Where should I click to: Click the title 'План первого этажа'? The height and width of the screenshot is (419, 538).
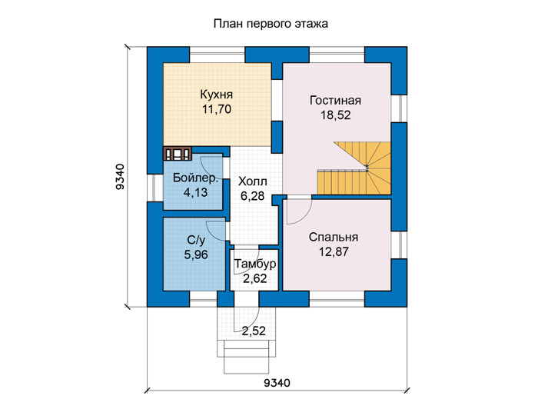click(271, 24)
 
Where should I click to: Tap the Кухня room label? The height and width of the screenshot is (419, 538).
click(217, 95)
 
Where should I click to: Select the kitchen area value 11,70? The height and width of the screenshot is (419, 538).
click(217, 109)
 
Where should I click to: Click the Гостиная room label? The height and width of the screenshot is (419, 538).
click(335, 100)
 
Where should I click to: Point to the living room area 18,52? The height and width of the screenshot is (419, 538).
click(336, 115)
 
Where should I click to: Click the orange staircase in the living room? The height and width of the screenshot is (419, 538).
click(354, 168)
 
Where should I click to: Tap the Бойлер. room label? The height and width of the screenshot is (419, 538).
click(195, 178)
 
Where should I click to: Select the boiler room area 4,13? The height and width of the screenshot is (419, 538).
click(195, 192)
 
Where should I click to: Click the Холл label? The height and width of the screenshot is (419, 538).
click(253, 181)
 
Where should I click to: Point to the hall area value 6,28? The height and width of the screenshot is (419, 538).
click(253, 196)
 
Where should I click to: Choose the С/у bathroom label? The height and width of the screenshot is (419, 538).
click(196, 240)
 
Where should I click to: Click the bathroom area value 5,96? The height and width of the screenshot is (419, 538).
click(196, 254)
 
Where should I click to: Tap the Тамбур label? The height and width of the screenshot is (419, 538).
click(255, 264)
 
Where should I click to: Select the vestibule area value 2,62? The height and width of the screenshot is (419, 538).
click(255, 278)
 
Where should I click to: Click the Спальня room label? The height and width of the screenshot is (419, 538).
click(334, 237)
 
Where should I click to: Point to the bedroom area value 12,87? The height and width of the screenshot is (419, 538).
click(334, 252)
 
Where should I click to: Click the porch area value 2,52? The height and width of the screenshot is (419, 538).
click(254, 331)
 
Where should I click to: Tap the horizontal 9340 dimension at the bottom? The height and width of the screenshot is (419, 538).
click(277, 383)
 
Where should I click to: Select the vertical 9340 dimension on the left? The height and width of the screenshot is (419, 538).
click(120, 177)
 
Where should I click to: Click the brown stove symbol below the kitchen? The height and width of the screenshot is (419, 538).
click(177, 154)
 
